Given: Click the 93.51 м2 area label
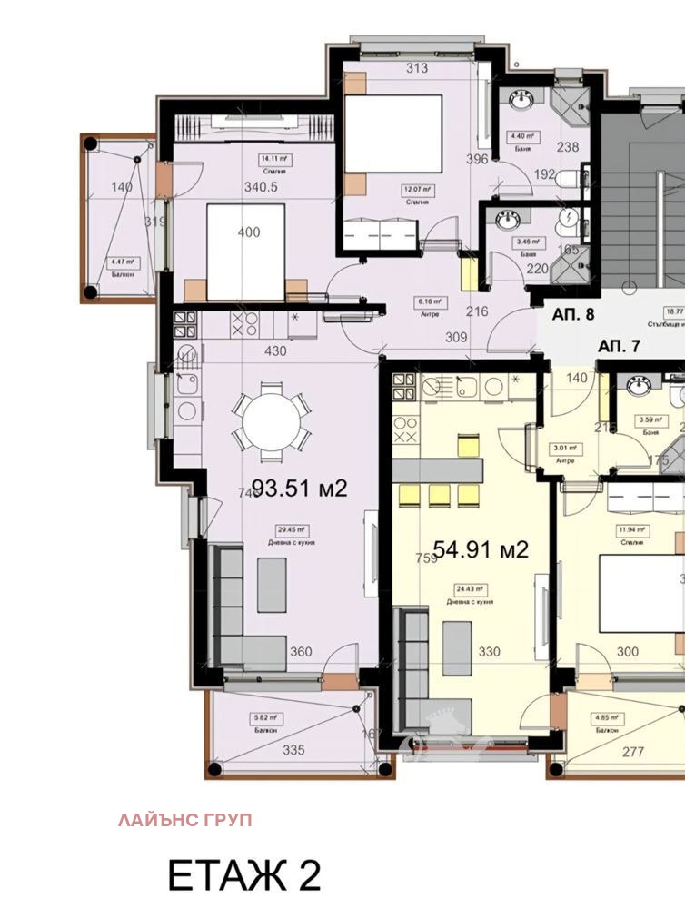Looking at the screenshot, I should pos(299,489).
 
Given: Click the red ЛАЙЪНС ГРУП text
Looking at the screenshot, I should pos(184,820).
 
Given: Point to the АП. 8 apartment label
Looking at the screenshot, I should pos(573,316).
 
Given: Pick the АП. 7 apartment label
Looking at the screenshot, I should pos(620,345).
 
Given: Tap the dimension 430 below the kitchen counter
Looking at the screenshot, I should pos(275,351).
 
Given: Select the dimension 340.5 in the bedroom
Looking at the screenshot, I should pos(262,189).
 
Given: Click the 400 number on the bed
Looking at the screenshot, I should pos(247,232).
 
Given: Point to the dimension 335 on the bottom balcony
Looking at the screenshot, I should pos(293,750).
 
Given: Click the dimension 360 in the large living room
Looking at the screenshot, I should pos(300,651).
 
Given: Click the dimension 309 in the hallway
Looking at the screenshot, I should pos(456,337).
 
